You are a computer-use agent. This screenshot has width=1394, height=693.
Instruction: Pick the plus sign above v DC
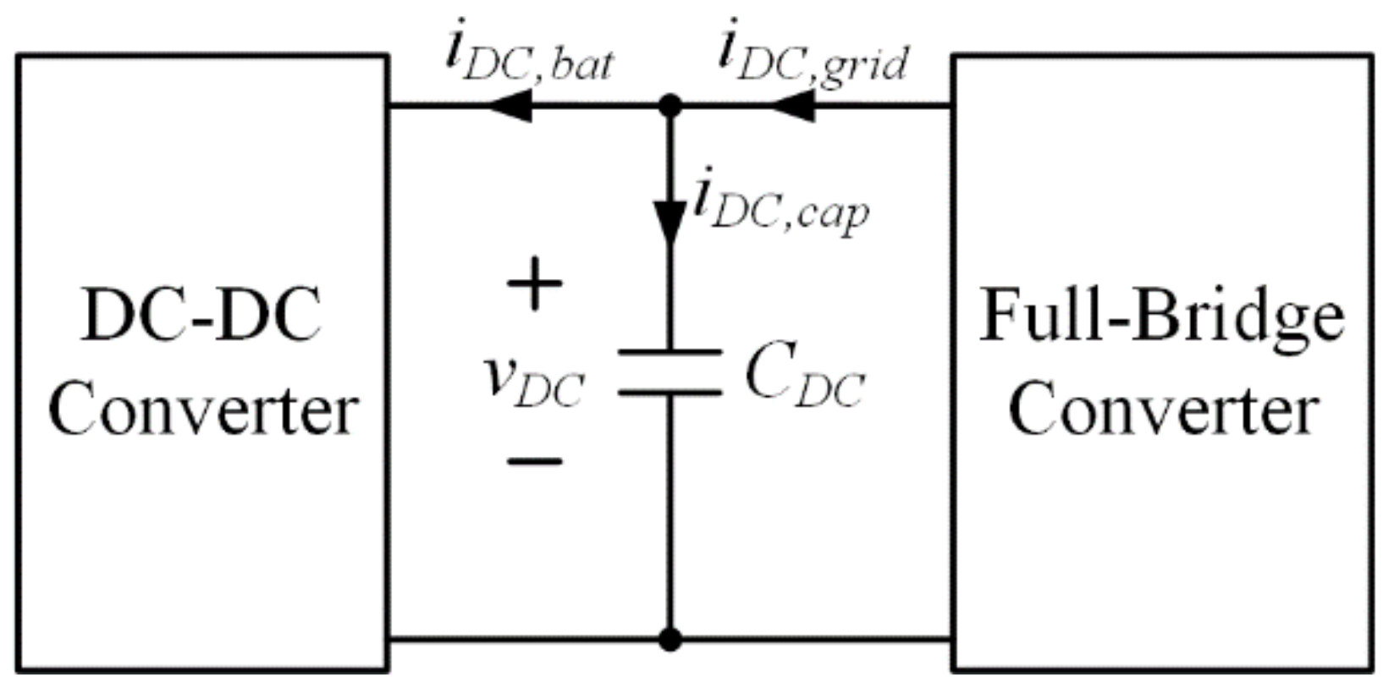point(534,285)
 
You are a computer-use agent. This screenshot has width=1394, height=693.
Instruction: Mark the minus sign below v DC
point(534,461)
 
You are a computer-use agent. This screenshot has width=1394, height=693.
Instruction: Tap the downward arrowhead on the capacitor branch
point(670,222)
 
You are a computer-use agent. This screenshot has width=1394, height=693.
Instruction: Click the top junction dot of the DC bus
point(670,107)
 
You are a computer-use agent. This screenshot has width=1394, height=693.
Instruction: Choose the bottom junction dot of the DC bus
point(670,640)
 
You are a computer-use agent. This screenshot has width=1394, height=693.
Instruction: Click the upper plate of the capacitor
point(670,351)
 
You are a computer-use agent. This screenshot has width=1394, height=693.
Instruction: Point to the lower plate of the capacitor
point(670,393)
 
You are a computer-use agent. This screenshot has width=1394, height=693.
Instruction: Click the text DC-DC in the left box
point(201,316)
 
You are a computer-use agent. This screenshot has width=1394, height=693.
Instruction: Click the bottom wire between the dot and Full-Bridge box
point(813,640)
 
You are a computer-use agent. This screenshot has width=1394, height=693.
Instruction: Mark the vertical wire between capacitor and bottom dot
point(670,516)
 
